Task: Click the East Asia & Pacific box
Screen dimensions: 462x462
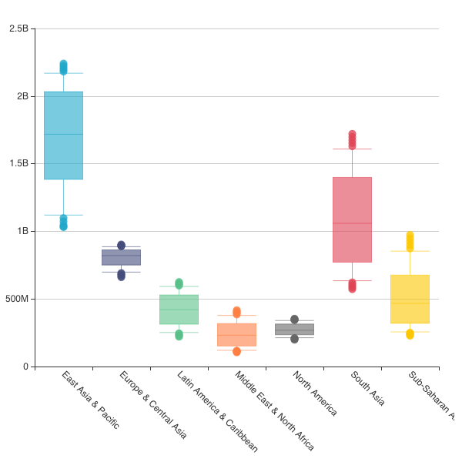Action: pyautogui.click(x=63, y=136)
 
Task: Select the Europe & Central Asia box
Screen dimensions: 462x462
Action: pyautogui.click(x=121, y=257)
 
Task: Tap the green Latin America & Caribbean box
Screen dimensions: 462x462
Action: pyautogui.click(x=179, y=309)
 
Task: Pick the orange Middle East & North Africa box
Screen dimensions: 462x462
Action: pyautogui.click(x=236, y=334)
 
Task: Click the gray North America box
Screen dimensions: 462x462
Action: pyautogui.click(x=294, y=330)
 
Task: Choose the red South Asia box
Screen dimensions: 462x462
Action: pyautogui.click(x=352, y=219)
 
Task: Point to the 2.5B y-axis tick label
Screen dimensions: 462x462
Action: pyautogui.click(x=18, y=28)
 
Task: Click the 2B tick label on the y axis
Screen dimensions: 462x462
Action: pyautogui.click(x=22, y=96)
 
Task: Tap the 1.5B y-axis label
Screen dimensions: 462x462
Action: pyautogui.click(x=18, y=163)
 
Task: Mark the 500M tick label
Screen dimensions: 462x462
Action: pyautogui.click(x=16, y=299)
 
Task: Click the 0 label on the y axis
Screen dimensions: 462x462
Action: pyautogui.click(x=25, y=367)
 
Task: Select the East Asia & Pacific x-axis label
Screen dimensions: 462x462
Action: pyautogui.click(x=90, y=400)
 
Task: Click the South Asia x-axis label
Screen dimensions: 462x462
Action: pyautogui.click(x=367, y=388)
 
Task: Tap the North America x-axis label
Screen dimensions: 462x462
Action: pyautogui.click(x=315, y=393)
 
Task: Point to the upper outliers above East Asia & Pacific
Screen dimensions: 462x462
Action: pyautogui.click(x=63, y=68)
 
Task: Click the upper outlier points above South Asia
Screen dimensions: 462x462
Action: pyautogui.click(x=352, y=139)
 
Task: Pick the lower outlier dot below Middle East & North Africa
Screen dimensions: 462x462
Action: pyautogui.click(x=236, y=351)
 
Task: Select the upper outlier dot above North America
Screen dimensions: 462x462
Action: pyautogui.click(x=294, y=320)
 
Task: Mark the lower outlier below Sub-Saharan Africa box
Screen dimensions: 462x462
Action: pyautogui.click(x=410, y=334)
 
